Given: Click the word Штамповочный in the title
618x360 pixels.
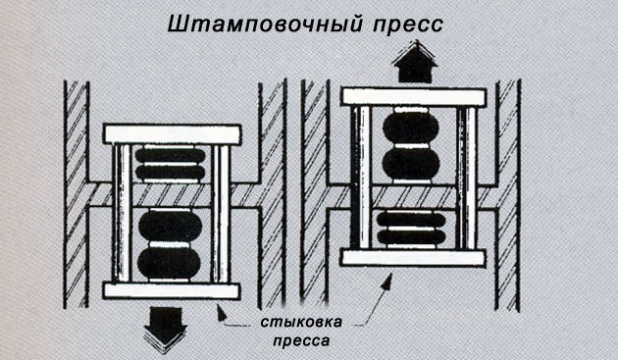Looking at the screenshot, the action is pyautogui.click(x=265, y=26).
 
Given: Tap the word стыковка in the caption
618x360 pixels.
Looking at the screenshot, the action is pyautogui.click(x=301, y=322).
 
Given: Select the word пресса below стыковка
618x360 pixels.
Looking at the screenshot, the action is pyautogui.click(x=301, y=339).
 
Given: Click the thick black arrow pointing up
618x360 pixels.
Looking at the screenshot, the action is pyautogui.click(x=415, y=61).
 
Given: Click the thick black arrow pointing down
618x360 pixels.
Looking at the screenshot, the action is pyautogui.click(x=165, y=330).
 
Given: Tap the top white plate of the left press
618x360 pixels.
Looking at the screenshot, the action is pyautogui.click(x=173, y=134).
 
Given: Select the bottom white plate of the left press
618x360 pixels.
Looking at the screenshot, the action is pyautogui.click(x=172, y=290).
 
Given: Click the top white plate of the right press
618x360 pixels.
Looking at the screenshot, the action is pyautogui.click(x=414, y=97).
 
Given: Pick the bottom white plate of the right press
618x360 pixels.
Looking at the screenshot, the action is pyautogui.click(x=413, y=258).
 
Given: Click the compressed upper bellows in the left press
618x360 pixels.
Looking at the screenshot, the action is pyautogui.click(x=171, y=164).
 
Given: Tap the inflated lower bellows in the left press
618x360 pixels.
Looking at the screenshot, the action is pyautogui.click(x=170, y=245).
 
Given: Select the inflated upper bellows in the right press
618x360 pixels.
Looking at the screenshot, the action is pyautogui.click(x=411, y=145).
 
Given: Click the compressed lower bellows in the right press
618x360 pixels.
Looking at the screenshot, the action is pyautogui.click(x=411, y=230).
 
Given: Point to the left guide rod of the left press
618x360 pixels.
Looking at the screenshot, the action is pyautogui.click(x=123, y=213).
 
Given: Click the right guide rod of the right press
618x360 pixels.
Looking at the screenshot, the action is pyautogui.click(x=468, y=178).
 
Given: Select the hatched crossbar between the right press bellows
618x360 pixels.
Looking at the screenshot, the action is pyautogui.click(x=414, y=197).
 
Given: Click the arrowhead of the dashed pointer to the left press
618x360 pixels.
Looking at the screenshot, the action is pyautogui.click(x=222, y=314).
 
